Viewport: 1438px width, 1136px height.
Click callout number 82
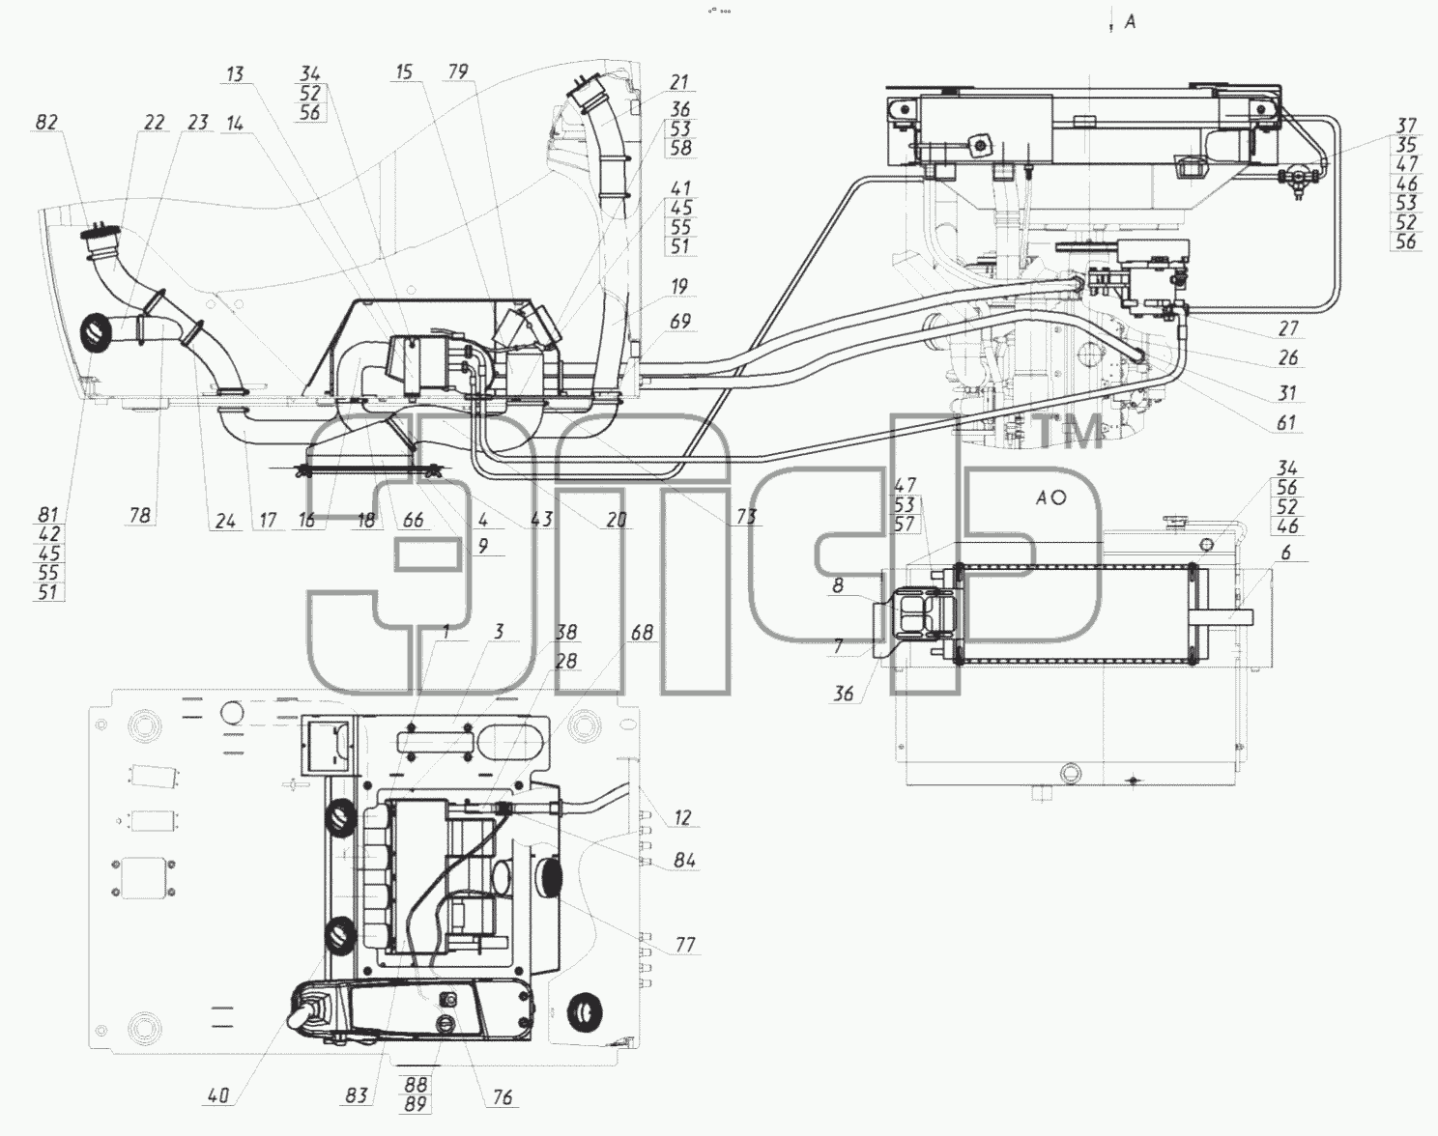pyautogui.click(x=46, y=123)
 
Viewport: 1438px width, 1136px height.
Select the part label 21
pyautogui.click(x=679, y=82)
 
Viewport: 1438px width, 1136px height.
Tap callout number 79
pyautogui.click(x=458, y=71)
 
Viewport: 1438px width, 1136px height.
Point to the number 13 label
pyautogui.click(x=235, y=73)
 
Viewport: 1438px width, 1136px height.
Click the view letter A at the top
pyautogui.click(x=1130, y=22)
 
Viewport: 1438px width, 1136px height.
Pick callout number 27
pyautogui.click(x=1287, y=327)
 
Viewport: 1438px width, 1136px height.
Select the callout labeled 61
pyautogui.click(x=1286, y=422)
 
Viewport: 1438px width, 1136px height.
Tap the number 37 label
pyautogui.click(x=1407, y=125)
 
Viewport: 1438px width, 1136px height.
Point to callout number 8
pyautogui.click(x=838, y=585)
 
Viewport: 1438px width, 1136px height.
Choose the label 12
pyautogui.click(x=682, y=817)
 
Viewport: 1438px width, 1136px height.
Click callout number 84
pyautogui.click(x=684, y=861)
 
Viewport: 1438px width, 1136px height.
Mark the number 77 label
pyautogui.click(x=685, y=945)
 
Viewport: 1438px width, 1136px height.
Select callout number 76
pyautogui.click(x=502, y=1097)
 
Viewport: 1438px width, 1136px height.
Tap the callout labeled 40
pyautogui.click(x=218, y=1094)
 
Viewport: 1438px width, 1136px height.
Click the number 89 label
pyautogui.click(x=415, y=1104)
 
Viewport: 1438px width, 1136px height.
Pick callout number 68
pyautogui.click(x=642, y=632)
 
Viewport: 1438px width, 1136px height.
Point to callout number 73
pyautogui.click(x=746, y=516)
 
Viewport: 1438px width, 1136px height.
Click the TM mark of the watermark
pyautogui.click(x=1071, y=431)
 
